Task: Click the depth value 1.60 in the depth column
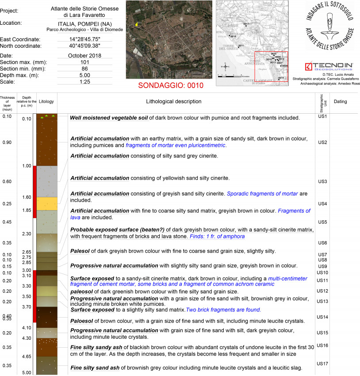(x=27, y=197)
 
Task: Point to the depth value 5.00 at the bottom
(x=27, y=372)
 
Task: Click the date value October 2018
(x=85, y=56)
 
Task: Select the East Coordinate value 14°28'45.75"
(x=85, y=39)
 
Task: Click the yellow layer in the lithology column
(x=46, y=203)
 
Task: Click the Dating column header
(x=340, y=102)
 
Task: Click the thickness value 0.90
(x=7, y=142)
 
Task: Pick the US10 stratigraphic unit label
(x=322, y=272)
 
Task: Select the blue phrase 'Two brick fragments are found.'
(x=224, y=310)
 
